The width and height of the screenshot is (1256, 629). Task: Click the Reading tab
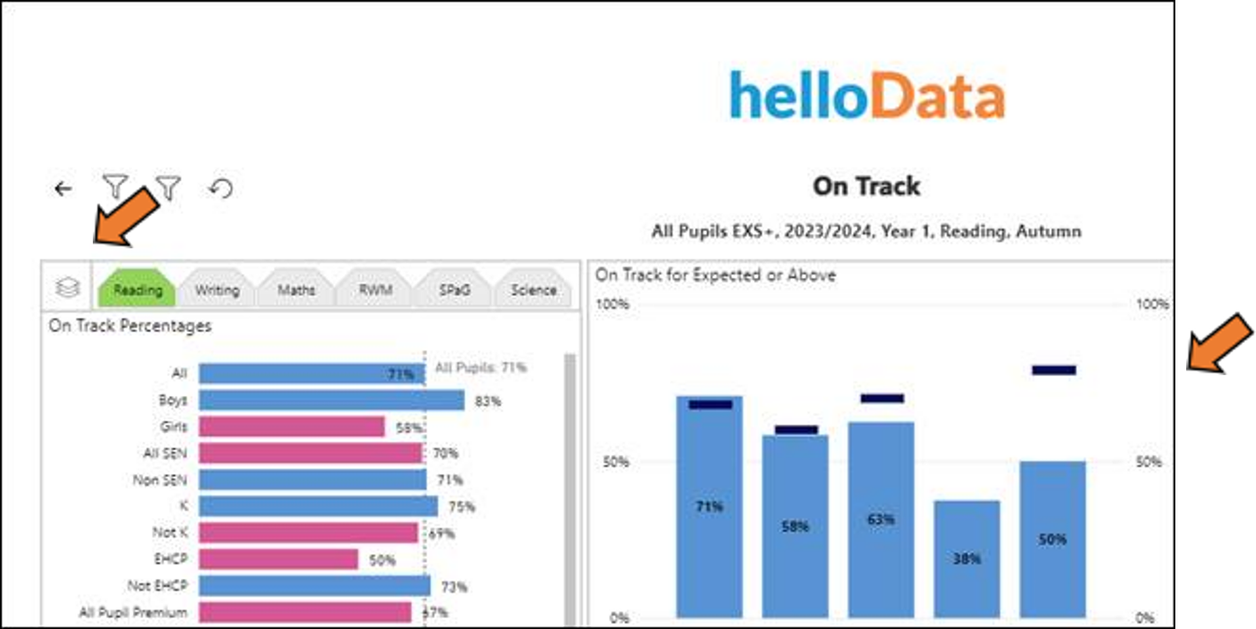[x=138, y=290]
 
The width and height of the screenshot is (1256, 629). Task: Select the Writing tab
[x=217, y=290]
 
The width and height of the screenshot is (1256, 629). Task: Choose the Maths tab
[x=296, y=290]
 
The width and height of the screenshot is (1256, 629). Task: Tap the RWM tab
[x=376, y=290]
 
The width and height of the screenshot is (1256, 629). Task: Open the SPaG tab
[x=454, y=290]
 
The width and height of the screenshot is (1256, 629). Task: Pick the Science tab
[x=533, y=290]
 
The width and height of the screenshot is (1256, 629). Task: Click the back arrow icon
[x=63, y=188]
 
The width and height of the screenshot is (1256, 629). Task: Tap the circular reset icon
[x=221, y=188]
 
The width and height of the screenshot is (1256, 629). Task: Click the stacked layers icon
[x=67, y=287]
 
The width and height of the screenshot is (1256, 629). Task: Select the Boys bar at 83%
[x=331, y=401]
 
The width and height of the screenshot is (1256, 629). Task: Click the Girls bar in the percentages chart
[x=291, y=427]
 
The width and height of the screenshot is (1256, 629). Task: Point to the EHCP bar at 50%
[x=278, y=559]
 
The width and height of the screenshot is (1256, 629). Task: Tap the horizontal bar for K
[x=318, y=506]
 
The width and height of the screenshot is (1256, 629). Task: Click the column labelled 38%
[x=967, y=559]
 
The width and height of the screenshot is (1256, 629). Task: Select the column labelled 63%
[x=880, y=519]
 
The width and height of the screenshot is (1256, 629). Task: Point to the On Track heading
[x=866, y=186]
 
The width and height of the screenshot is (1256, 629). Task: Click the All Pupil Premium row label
[x=133, y=613]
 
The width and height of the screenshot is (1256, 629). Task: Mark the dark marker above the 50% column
[x=1053, y=370]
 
